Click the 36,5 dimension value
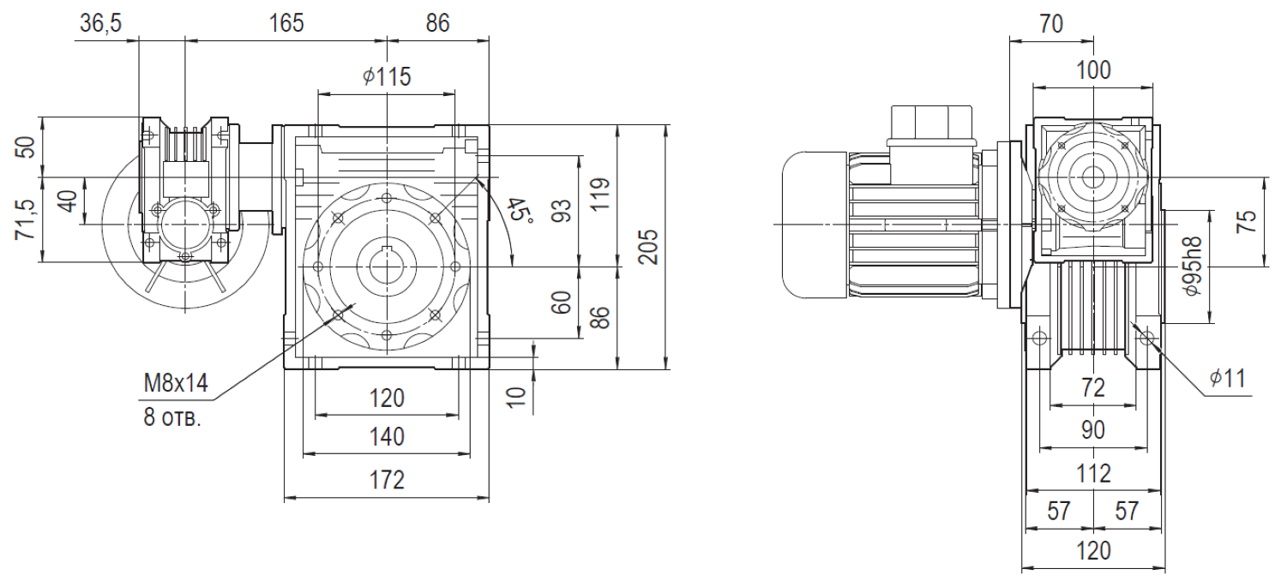click(x=100, y=23)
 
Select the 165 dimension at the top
click(x=286, y=23)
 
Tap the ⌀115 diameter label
click(x=387, y=76)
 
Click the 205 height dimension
click(x=648, y=247)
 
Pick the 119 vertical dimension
click(x=600, y=195)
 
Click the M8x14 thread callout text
click(x=176, y=383)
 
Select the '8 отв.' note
click(x=172, y=418)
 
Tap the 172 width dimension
click(x=388, y=480)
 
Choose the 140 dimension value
click(x=388, y=437)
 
